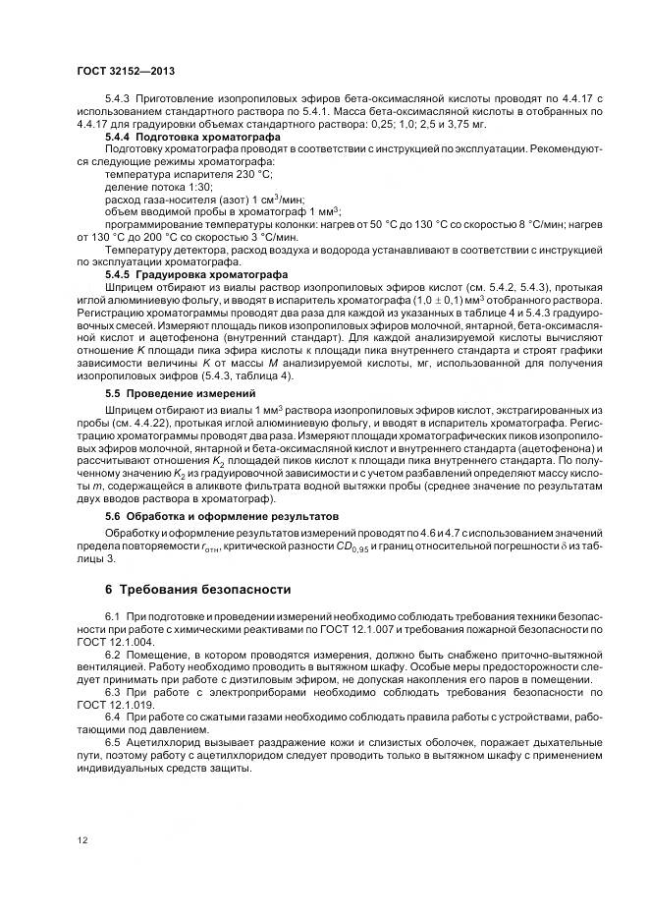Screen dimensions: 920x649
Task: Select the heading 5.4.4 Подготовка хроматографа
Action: (x=179, y=138)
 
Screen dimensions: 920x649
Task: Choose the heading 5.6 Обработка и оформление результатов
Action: (x=221, y=515)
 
